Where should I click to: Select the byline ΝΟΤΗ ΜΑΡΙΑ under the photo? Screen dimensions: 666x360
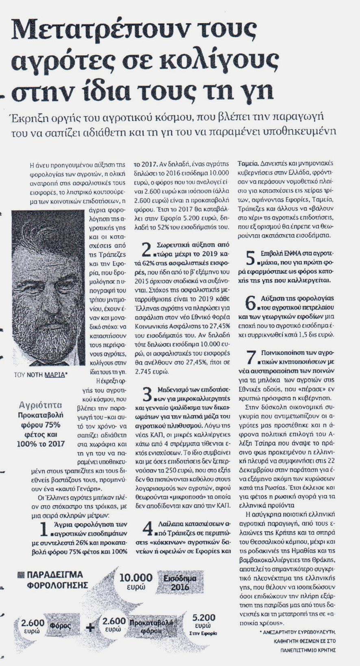pyautogui.click(x=46, y=375)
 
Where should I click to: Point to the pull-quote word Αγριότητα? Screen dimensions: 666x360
pyautogui.click(x=41, y=405)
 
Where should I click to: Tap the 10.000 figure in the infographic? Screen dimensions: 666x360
pyautogui.click(x=136, y=577)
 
